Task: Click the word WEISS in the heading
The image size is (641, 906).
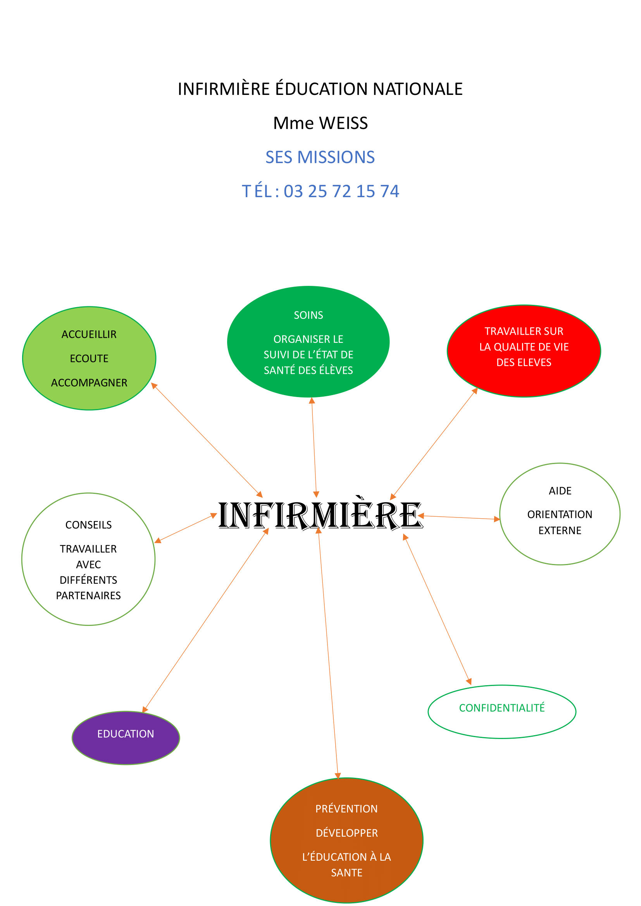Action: click(x=343, y=123)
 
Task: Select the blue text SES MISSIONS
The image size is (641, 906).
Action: click(x=320, y=157)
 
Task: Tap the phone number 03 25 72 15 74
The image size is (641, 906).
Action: click(x=341, y=191)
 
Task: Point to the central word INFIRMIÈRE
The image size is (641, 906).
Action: click(x=320, y=515)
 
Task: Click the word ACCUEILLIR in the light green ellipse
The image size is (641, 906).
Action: click(x=89, y=335)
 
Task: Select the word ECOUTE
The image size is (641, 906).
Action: click(x=89, y=359)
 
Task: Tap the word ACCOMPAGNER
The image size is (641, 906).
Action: click(x=89, y=383)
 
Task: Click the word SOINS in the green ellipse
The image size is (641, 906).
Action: click(x=308, y=315)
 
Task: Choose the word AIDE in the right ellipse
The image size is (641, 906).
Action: click(x=560, y=491)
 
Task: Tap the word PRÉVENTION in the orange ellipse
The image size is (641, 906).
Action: click(x=346, y=809)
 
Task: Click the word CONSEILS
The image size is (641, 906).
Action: click(x=88, y=525)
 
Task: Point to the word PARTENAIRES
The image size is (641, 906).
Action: click(x=88, y=596)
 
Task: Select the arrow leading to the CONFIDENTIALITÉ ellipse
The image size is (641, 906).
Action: click(x=437, y=610)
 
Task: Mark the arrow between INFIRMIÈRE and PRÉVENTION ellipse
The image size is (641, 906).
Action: click(x=328, y=655)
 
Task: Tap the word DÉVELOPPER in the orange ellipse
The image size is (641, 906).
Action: click(x=346, y=833)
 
